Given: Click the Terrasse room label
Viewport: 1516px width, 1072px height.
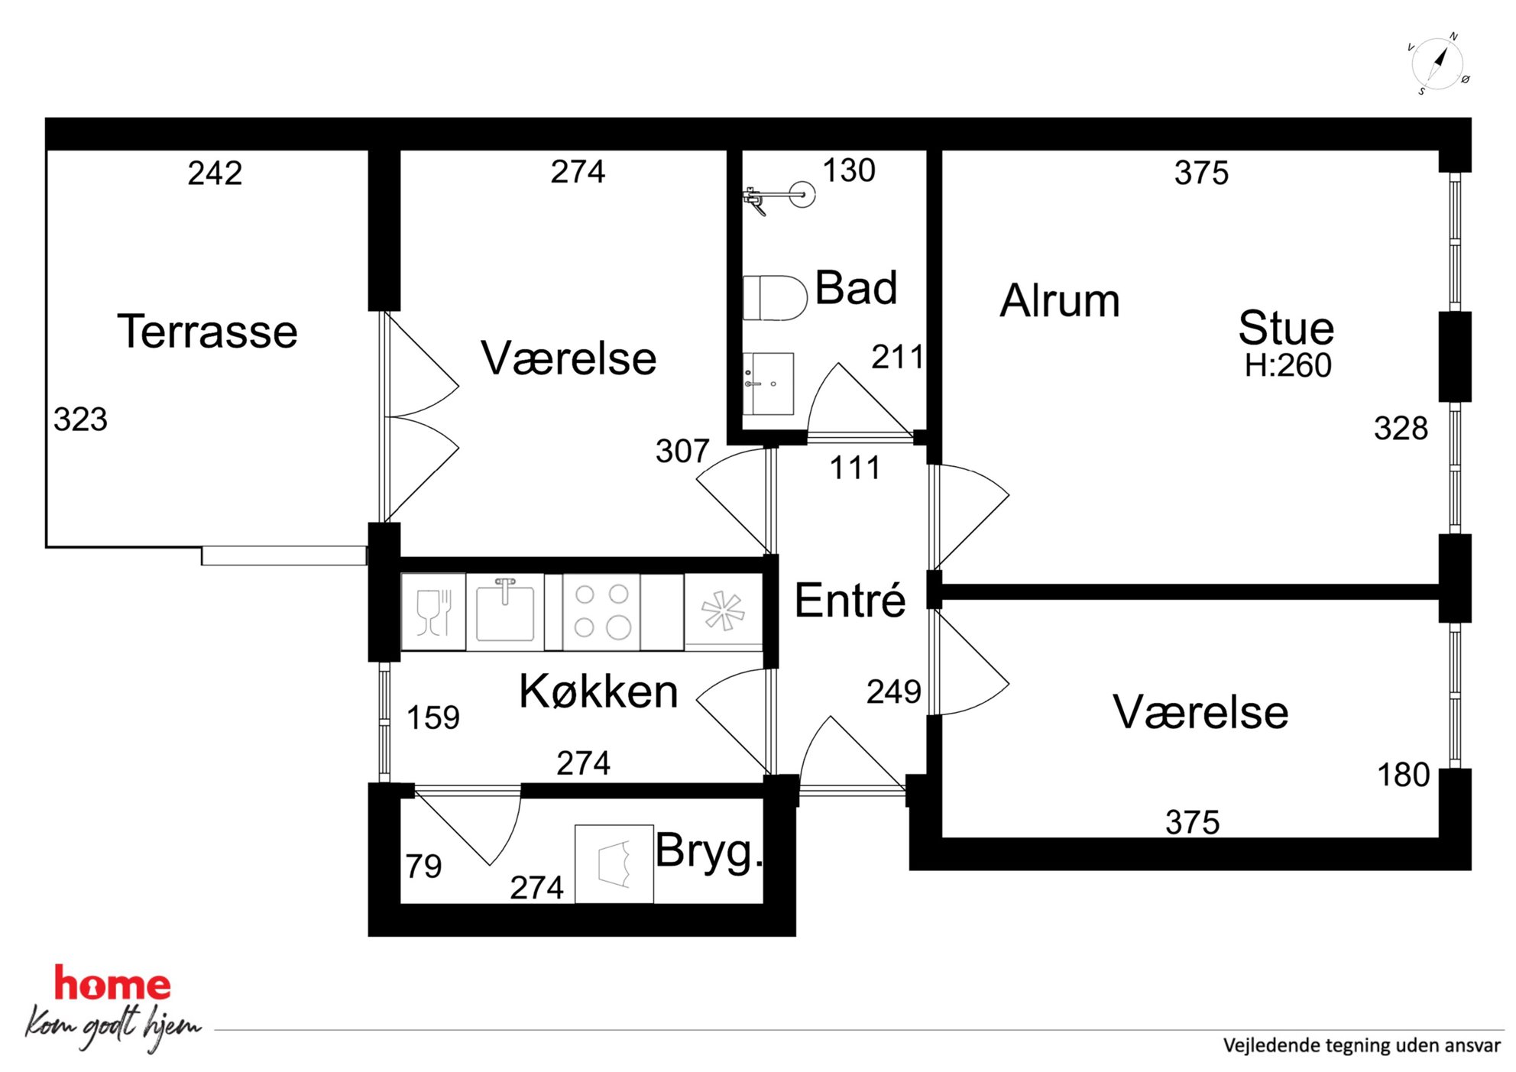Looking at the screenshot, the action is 207,332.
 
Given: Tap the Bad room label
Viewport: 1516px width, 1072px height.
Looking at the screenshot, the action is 856,288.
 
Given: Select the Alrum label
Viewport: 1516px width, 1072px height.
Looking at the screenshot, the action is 1060,300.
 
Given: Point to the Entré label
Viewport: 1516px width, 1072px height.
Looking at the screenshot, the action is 850,600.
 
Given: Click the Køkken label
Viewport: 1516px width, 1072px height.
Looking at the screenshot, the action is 598,691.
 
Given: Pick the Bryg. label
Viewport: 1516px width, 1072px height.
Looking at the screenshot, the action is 709,852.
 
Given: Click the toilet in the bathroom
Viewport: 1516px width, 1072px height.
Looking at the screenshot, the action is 775,298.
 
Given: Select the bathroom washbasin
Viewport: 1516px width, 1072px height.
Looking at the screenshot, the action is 768,384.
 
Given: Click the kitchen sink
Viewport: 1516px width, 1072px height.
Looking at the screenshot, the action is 504,611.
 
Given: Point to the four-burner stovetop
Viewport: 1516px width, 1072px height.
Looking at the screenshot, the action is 601,611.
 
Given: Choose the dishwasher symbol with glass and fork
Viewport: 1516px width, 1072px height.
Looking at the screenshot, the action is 433,611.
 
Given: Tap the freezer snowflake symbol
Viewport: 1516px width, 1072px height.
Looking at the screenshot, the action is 723,611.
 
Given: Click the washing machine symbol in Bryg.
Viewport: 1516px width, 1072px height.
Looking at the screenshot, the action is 614,863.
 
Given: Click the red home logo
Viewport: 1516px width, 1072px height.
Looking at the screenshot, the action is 112,984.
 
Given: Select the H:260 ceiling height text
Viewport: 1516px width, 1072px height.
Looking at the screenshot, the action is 1288,366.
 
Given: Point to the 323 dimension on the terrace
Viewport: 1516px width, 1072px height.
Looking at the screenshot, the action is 80,419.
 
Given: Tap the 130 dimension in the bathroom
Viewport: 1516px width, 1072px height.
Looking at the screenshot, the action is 848,170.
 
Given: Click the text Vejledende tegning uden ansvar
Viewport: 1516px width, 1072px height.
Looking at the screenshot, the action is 1362,1045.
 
